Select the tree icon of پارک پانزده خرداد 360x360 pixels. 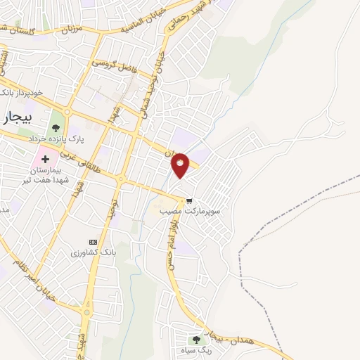[56, 128]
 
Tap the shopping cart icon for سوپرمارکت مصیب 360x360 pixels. [188, 201]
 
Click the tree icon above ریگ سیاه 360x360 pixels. [196, 331]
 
